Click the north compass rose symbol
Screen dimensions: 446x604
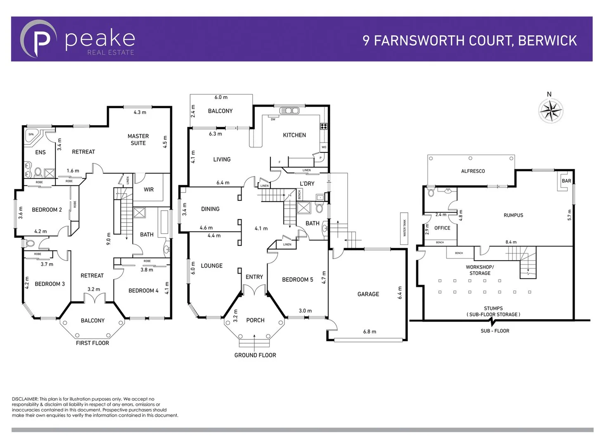pyautogui.click(x=551, y=110)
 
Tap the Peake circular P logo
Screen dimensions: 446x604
pyautogui.click(x=38, y=39)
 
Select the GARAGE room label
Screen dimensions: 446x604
pyautogui.click(x=368, y=294)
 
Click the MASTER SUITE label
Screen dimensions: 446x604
pyautogui.click(x=138, y=140)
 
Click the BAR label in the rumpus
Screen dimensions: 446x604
pyautogui.click(x=566, y=181)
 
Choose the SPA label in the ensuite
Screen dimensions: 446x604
pyautogui.click(x=31, y=134)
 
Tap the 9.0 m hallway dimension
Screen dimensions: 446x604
pyautogui.click(x=109, y=239)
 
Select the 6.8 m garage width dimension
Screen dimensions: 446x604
pyautogui.click(x=369, y=331)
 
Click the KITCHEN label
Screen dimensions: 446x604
pyautogui.click(x=294, y=135)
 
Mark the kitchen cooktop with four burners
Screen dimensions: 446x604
pyautogui.click(x=324, y=126)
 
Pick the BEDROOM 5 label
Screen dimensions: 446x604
pyautogui.click(x=297, y=280)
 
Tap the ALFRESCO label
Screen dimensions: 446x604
pyautogui.click(x=473, y=171)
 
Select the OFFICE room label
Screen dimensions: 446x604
pyautogui.click(x=442, y=228)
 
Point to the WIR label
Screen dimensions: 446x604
pyautogui.click(x=149, y=190)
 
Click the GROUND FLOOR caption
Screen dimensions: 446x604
pyautogui.click(x=255, y=355)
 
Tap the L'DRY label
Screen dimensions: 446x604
pyautogui.click(x=307, y=183)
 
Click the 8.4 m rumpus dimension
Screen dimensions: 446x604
pyautogui.click(x=511, y=242)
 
